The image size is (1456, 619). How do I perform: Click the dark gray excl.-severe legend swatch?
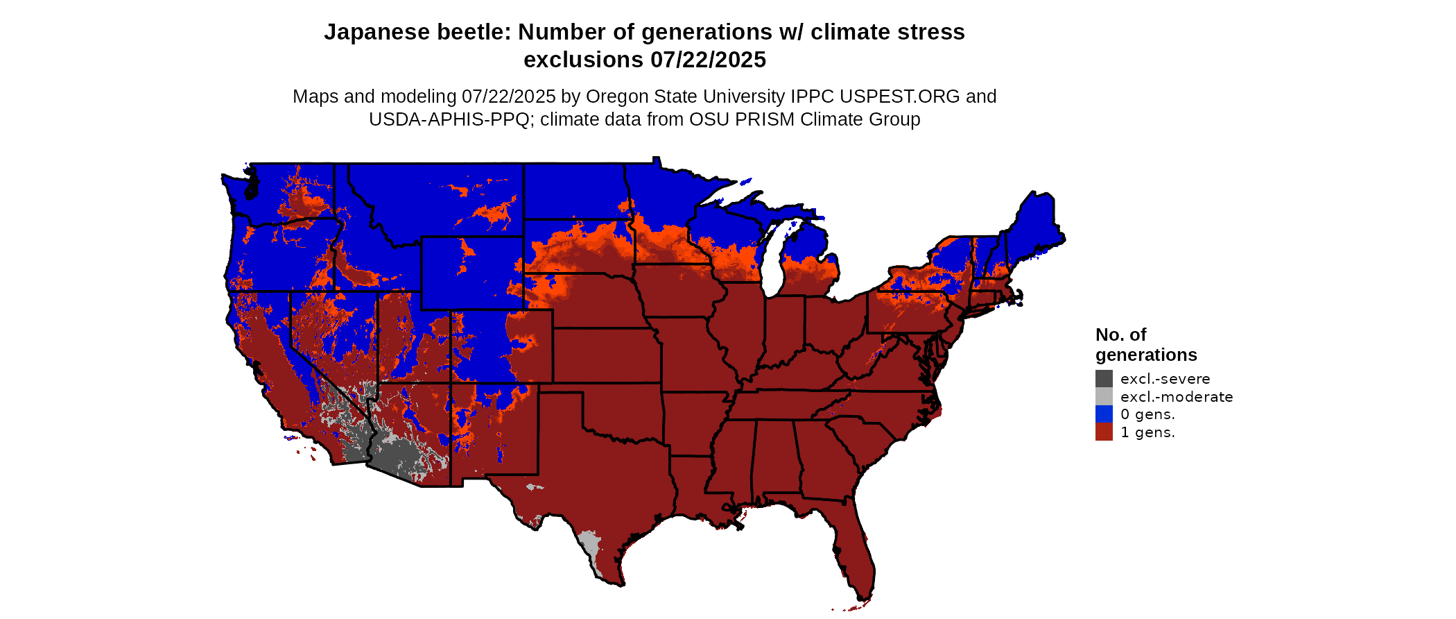pyautogui.click(x=1104, y=378)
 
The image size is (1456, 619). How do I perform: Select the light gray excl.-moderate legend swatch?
pyautogui.click(x=1104, y=396)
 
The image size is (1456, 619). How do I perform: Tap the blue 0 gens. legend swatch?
pyautogui.click(x=1104, y=414)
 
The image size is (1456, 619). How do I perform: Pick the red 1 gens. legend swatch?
pyautogui.click(x=1104, y=432)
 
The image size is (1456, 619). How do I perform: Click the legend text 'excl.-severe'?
pyautogui.click(x=1165, y=379)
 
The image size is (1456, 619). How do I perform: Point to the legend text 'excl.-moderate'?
pyautogui.click(x=1177, y=397)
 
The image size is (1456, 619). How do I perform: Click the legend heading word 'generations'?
pyautogui.click(x=1146, y=355)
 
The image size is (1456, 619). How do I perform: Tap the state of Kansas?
pyautogui.click(x=606, y=355)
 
